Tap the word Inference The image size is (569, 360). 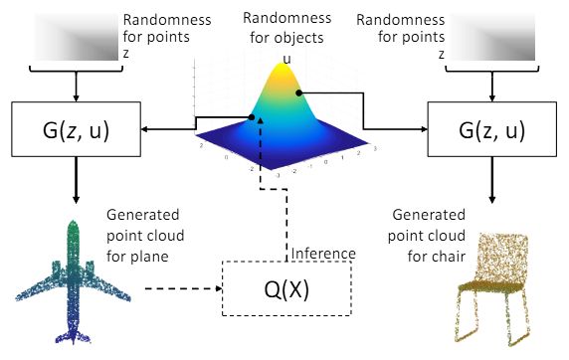pyautogui.click(x=323, y=253)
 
